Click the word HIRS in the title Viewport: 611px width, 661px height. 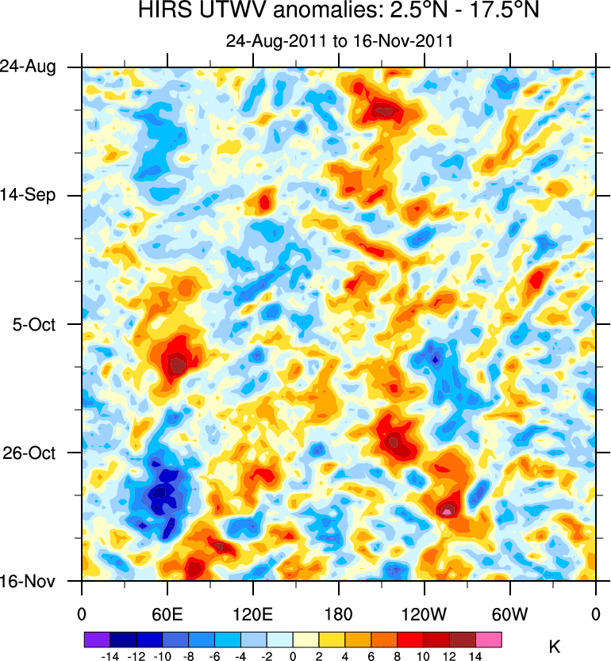160,11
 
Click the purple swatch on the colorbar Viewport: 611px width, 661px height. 96,639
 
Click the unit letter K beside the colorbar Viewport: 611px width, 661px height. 555,648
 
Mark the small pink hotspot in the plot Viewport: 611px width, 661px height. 448,512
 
